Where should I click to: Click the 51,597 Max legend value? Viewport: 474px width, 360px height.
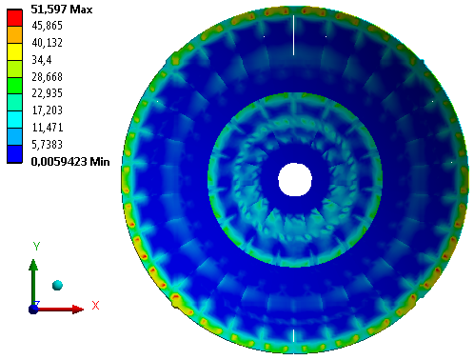(62, 10)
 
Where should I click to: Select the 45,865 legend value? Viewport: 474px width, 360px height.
(47, 26)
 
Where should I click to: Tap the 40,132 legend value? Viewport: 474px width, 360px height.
(47, 43)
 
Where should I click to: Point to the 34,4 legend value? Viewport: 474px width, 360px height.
(41, 60)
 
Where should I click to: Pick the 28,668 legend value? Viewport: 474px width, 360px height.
(47, 77)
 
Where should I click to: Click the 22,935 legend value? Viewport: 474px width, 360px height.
(47, 93)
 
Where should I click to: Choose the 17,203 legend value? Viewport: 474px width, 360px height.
(47, 110)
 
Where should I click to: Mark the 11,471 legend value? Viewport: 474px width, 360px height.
(48, 128)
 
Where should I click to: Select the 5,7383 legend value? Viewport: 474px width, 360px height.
(47, 145)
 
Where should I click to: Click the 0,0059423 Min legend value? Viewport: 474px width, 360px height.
(70, 162)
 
